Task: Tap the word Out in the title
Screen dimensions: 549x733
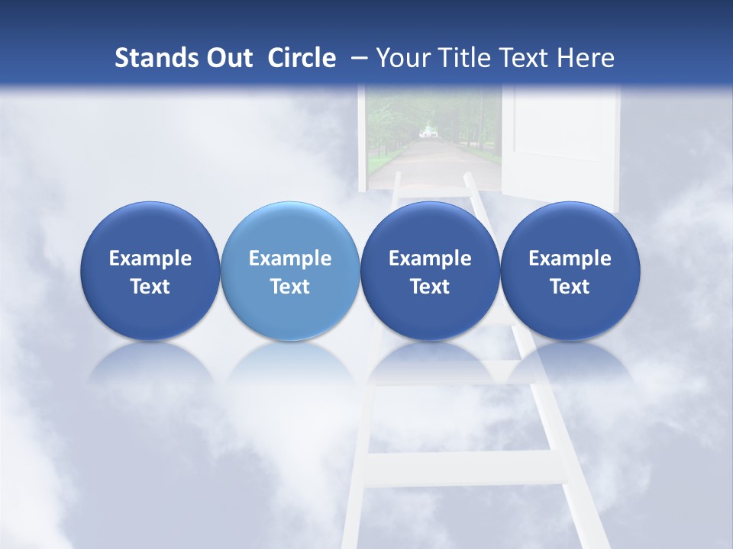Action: click(x=227, y=58)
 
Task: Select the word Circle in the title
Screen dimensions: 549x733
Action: click(x=302, y=58)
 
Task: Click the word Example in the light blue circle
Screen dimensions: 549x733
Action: click(x=289, y=258)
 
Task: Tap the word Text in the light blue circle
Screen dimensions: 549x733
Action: click(x=289, y=287)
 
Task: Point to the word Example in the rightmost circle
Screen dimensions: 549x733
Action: click(x=570, y=258)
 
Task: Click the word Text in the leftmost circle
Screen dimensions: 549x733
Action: click(x=150, y=287)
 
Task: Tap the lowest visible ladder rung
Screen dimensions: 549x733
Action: click(x=466, y=469)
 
